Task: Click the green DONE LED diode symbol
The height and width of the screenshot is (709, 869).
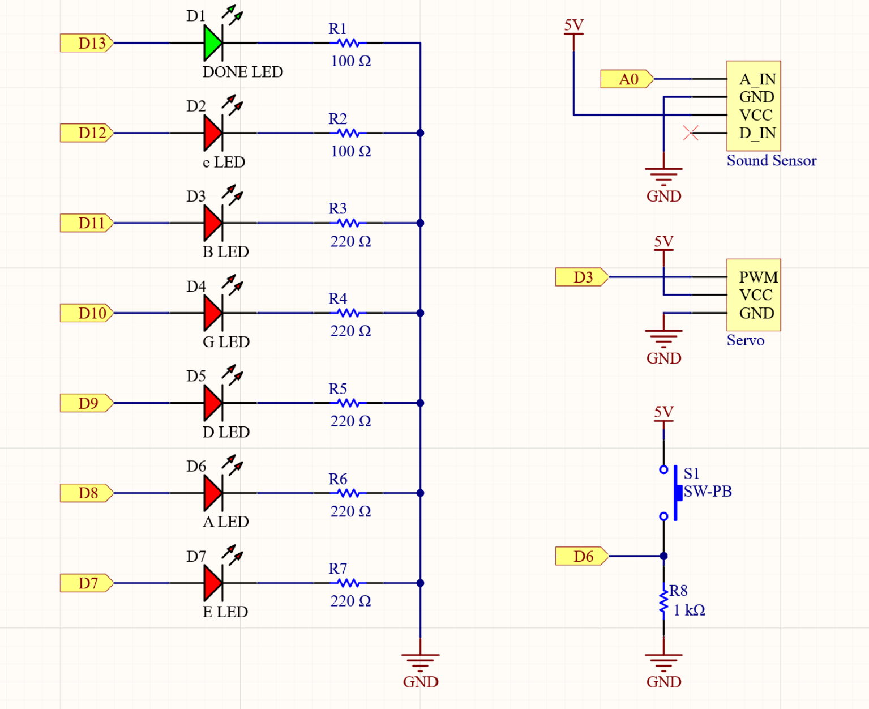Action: tap(213, 43)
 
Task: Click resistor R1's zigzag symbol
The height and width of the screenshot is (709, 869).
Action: tap(348, 43)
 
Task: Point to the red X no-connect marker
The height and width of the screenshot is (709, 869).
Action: tap(691, 133)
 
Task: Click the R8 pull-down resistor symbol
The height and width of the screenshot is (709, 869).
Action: tap(663, 603)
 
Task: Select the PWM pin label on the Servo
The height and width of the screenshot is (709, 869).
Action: tap(758, 277)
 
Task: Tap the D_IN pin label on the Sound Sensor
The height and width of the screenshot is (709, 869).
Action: tap(757, 133)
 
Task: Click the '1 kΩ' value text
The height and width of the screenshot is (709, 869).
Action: tap(689, 610)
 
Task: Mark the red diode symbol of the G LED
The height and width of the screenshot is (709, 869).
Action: tap(213, 313)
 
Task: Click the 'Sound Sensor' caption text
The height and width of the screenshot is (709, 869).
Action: tap(771, 161)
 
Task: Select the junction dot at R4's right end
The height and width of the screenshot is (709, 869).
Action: tap(420, 313)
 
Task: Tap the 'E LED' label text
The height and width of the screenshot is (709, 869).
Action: tap(225, 612)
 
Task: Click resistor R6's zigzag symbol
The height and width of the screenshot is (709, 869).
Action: tap(348, 493)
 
